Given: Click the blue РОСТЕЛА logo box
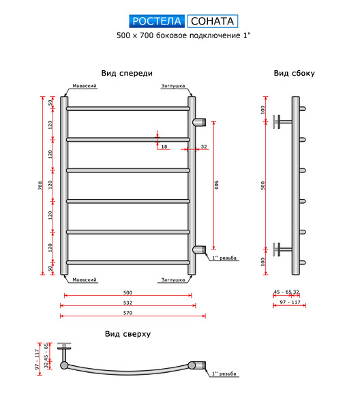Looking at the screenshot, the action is (x=157, y=21).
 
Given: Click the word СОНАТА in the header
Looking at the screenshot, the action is (x=212, y=21).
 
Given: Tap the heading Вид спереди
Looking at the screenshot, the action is (x=127, y=74).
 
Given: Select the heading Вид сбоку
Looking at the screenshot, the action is (x=294, y=74).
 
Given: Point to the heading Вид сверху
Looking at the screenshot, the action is (x=127, y=334).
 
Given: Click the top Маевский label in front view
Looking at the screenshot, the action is (x=85, y=86).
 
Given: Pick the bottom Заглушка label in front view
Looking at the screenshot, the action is (x=173, y=279).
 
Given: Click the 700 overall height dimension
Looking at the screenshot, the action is (x=40, y=185).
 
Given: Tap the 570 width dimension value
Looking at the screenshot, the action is (x=127, y=313).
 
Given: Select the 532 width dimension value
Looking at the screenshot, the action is (x=127, y=303).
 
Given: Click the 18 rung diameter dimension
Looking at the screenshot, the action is (x=164, y=147).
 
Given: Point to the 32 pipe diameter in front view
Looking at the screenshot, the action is (x=204, y=147).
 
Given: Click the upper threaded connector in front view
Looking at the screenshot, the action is (x=199, y=122).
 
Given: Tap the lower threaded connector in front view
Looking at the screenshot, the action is (x=199, y=249).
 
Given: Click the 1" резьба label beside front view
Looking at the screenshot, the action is (x=224, y=258).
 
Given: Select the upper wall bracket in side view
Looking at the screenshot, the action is (x=282, y=122).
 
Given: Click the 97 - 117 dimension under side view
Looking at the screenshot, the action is (x=290, y=302).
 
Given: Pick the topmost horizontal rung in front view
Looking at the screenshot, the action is (x=127, y=108).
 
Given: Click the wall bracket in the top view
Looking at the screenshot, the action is (x=64, y=352).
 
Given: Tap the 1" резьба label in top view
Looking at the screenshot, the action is (x=224, y=374).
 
